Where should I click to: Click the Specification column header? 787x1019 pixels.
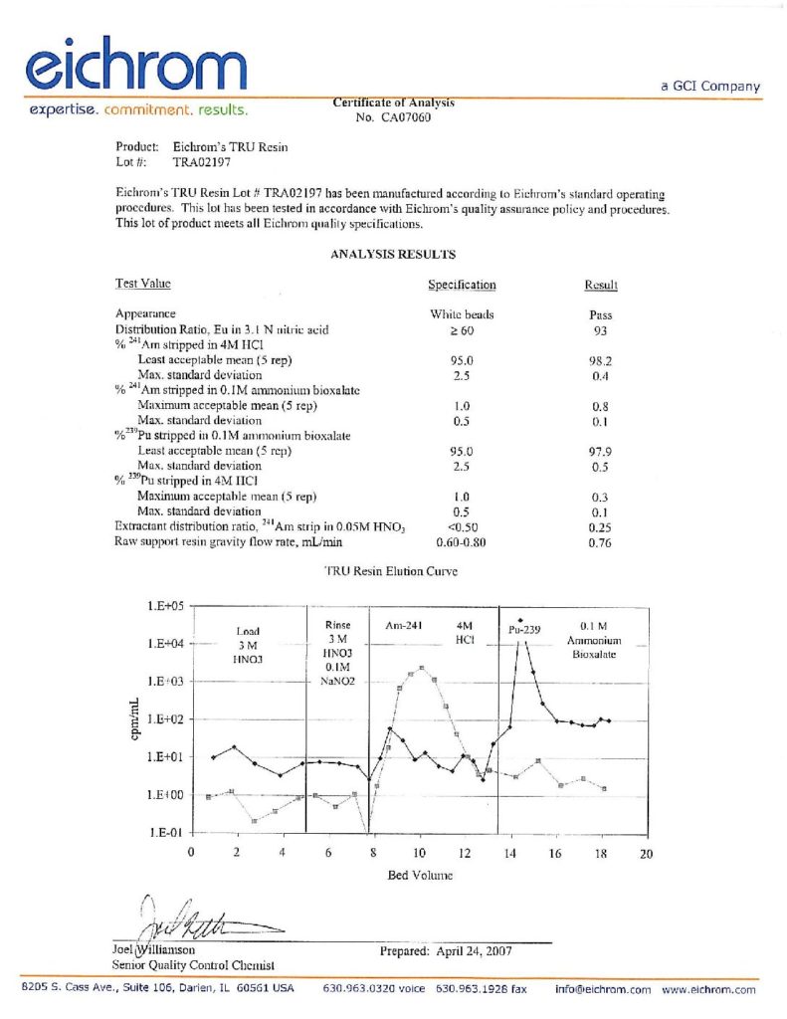(x=462, y=285)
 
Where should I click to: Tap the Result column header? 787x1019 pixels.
(x=601, y=285)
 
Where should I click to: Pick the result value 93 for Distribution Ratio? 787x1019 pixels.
(x=600, y=328)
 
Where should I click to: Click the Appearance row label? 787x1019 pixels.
(x=146, y=313)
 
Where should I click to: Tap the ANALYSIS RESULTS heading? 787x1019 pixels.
(x=393, y=255)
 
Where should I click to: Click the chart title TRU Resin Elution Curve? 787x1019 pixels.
(x=392, y=572)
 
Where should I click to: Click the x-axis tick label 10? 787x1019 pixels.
(x=419, y=853)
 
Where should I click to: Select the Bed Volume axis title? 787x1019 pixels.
(x=419, y=876)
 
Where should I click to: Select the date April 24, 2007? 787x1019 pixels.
(x=475, y=950)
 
